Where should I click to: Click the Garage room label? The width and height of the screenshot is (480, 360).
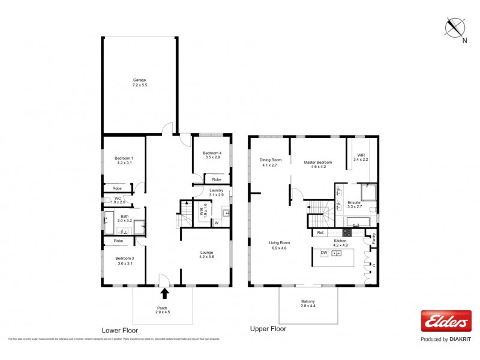click(x=139, y=83)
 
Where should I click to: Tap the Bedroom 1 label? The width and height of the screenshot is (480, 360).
click(x=124, y=161)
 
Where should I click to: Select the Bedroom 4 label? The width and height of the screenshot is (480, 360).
click(x=212, y=155)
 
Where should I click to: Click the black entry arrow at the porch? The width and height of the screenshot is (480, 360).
click(x=164, y=293)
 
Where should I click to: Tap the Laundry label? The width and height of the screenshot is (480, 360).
click(x=216, y=193)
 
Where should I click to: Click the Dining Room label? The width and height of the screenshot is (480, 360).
click(x=270, y=162)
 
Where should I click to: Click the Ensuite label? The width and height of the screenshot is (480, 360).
click(x=354, y=204)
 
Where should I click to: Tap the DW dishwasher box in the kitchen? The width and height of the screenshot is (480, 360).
click(x=323, y=254)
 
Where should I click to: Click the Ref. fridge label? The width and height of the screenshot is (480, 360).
click(x=320, y=233)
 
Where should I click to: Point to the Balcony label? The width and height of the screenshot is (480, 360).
click(x=308, y=304)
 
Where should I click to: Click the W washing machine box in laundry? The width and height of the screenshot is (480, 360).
click(x=216, y=223)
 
